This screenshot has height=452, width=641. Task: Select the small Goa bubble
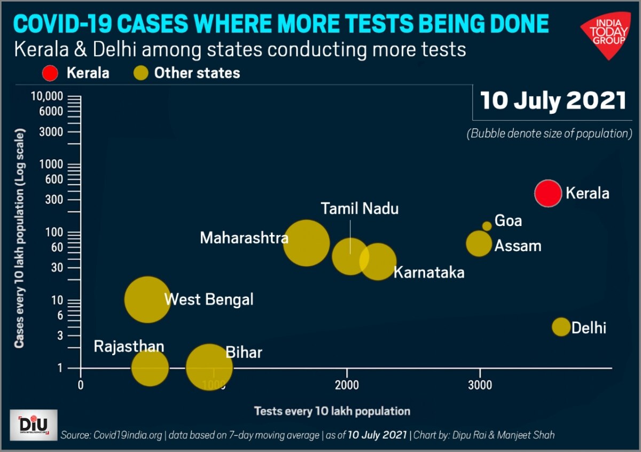[487, 226]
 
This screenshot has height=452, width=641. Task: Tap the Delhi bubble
[561, 326]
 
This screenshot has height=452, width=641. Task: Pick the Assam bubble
[479, 244]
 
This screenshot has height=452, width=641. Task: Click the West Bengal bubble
[147, 299]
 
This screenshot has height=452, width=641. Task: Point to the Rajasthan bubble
[150, 367]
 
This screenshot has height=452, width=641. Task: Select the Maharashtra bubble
[306, 243]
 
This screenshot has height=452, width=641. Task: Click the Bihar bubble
[209, 367]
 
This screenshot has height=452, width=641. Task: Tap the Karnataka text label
[429, 272]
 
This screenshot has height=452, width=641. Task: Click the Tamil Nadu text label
[359, 208]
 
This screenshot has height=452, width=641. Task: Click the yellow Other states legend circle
[140, 73]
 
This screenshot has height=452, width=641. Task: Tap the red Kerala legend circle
[51, 73]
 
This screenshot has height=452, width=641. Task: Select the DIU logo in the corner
[34, 425]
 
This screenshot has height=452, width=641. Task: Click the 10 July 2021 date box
[553, 100]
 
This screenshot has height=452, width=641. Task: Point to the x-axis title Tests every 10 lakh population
[332, 411]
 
